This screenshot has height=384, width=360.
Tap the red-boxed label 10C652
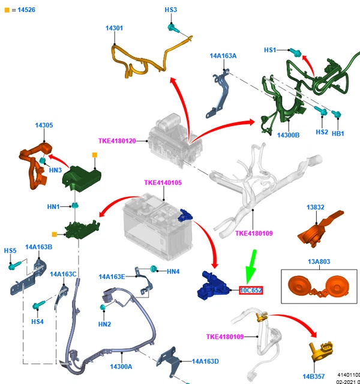tap(251, 290)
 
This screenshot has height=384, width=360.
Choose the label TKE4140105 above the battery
tap(163, 182)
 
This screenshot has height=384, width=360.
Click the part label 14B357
tap(314, 376)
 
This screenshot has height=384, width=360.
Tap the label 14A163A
tap(223, 56)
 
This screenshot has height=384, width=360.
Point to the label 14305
tap(44, 125)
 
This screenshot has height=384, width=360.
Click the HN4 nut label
tap(173, 272)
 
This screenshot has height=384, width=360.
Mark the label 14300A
tap(121, 366)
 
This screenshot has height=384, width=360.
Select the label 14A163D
tap(205, 361)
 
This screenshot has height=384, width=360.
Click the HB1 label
tap(338, 133)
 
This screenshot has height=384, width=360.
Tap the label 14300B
tap(288, 136)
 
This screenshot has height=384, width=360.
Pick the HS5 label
tap(10, 250)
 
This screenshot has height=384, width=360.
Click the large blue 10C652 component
tap(213, 285)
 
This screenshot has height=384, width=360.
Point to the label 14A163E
tap(112, 277)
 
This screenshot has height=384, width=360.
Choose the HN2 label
tap(104, 325)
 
